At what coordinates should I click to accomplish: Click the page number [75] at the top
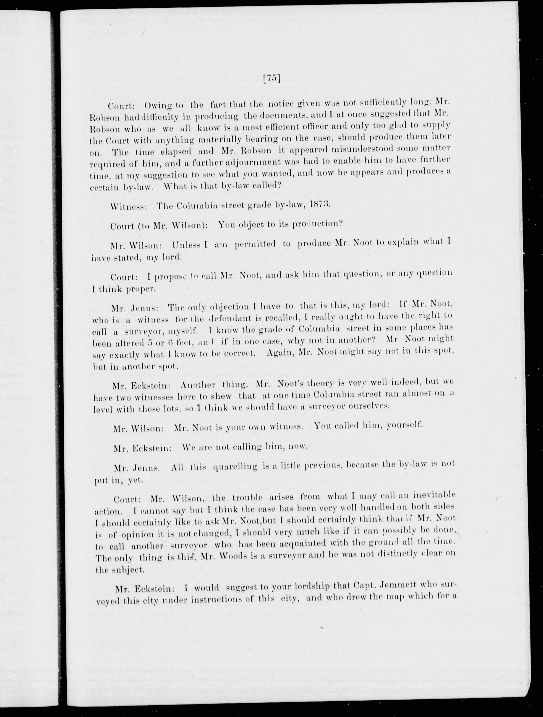[272, 79]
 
